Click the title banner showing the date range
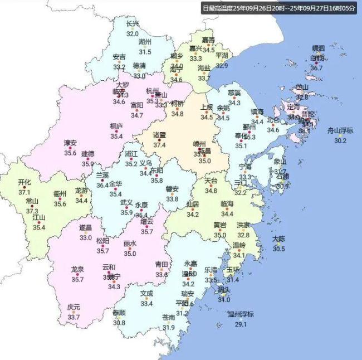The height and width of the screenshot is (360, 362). pos(278,8)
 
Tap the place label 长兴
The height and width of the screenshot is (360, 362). pos(132,25)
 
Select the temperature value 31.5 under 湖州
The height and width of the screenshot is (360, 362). pos(145,52)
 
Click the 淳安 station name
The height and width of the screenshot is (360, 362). pos(70,143)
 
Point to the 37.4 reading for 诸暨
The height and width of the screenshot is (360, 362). pos(160,145)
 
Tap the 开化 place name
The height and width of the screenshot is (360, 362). pos(25,182)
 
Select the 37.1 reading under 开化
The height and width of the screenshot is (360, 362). pos(25,192)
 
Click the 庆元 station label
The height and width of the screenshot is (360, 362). pos(74,307)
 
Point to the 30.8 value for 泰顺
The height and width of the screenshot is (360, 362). pos(119,322)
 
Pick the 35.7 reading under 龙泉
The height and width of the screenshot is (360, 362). pos(77,279)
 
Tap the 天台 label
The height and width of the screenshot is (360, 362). pos(211,181)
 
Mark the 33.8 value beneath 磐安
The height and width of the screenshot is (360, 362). pos(172,199)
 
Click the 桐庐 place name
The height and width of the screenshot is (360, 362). pos(116,126)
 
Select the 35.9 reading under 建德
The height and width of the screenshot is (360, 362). pos(88,163)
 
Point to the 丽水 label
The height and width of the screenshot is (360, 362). pos(130,244)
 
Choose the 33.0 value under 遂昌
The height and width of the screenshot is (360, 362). pos(85,237)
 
